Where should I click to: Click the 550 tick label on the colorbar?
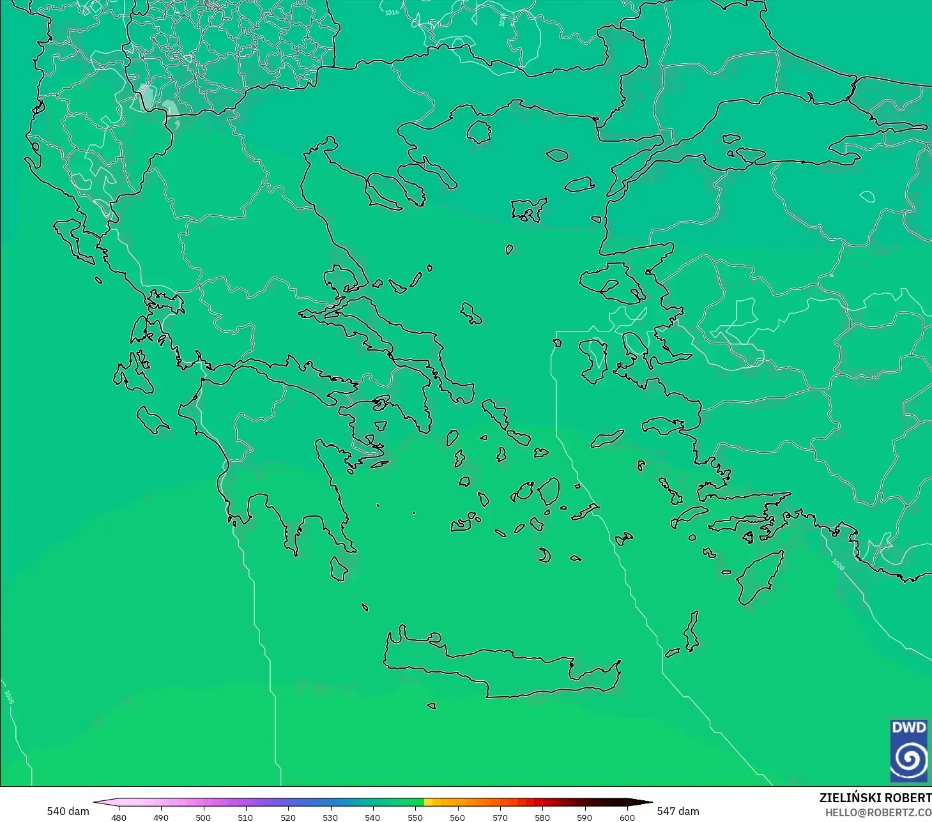coord(415,817)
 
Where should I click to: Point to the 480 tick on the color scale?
coord(119,817)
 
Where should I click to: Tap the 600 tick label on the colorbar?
coord(627,817)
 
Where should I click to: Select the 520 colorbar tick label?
coord(288,817)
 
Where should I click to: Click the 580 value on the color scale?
coord(542,817)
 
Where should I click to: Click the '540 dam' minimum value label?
coord(68,811)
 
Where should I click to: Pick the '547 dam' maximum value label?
coord(678,811)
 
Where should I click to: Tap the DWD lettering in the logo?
coord(908,727)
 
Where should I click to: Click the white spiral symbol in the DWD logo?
coord(908,759)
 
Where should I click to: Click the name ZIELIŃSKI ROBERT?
coord(875,798)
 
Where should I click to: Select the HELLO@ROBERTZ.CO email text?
coord(878,812)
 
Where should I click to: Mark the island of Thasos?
coord(478,132)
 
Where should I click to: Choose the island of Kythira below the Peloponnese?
coord(339,568)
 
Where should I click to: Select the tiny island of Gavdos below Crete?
coord(432,706)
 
